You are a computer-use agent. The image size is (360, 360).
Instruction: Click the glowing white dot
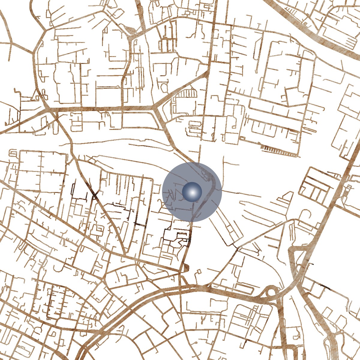coord(192,192)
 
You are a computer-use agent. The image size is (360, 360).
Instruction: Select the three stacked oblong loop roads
coord(195,127)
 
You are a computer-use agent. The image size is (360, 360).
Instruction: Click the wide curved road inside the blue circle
coord(210,192)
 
